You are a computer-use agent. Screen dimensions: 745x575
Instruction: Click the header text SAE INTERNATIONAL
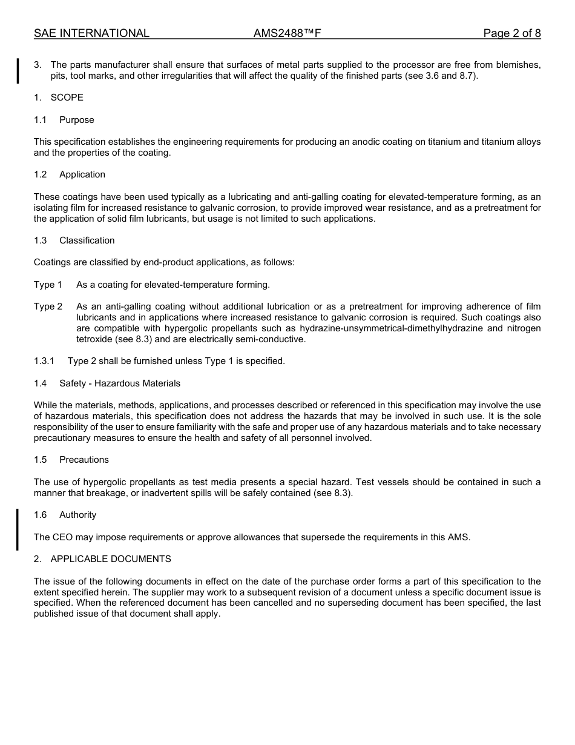pyautogui.click(x=91, y=33)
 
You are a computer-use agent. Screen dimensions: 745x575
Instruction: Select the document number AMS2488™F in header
pyautogui.click(x=287, y=33)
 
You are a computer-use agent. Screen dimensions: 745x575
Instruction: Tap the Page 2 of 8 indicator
pyautogui.click(x=511, y=33)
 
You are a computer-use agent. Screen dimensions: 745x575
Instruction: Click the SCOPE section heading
pyautogui.click(x=67, y=98)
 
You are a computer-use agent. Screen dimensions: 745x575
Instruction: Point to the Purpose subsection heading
pyautogui.click(x=76, y=120)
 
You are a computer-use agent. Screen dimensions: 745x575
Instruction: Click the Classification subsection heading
pyautogui.click(x=87, y=240)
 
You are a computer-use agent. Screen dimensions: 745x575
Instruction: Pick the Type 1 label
pyautogui.click(x=48, y=285)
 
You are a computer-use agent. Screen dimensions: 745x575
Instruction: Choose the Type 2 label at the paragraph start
pyautogui.click(x=48, y=306)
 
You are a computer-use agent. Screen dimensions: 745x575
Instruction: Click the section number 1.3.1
pyautogui.click(x=44, y=361)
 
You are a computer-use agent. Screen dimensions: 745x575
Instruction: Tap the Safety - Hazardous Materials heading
pyautogui.click(x=119, y=383)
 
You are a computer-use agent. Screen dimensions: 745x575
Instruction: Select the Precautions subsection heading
pyautogui.click(x=84, y=460)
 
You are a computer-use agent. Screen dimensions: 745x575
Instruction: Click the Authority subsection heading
pyautogui.click(x=77, y=515)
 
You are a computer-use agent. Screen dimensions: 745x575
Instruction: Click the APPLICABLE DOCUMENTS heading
pyautogui.click(x=111, y=559)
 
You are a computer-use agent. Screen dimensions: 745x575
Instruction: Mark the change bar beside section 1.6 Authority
pyautogui.click(x=18, y=529)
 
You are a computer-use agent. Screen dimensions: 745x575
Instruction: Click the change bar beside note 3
pyautogui.click(x=18, y=70)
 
